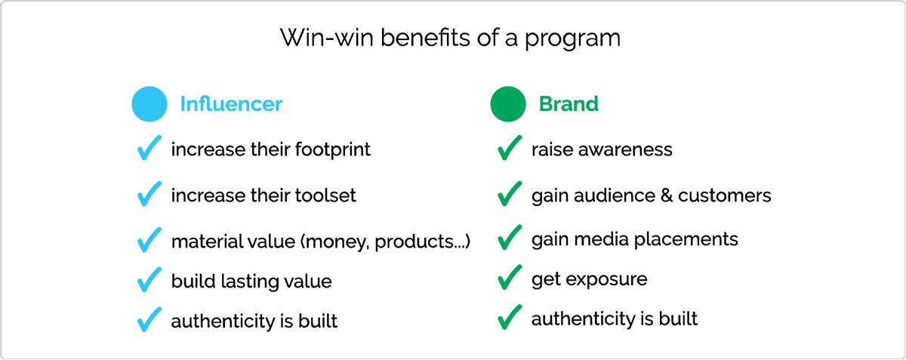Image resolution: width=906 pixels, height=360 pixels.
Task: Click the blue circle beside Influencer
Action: point(149,104)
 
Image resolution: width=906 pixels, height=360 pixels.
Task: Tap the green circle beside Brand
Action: point(508,104)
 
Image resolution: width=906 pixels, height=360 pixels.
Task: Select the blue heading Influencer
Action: point(231,104)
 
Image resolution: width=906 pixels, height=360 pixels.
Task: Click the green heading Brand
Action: point(569,104)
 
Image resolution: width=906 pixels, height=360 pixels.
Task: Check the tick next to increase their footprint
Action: point(149,148)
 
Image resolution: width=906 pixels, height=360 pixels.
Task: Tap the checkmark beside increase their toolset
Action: point(149,194)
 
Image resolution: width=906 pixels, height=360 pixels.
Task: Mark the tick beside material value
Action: point(149,240)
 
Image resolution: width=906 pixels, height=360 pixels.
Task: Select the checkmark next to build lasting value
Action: point(149,279)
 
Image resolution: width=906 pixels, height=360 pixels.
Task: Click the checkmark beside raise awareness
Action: point(510,148)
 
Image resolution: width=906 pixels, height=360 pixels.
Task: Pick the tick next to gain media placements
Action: point(510,238)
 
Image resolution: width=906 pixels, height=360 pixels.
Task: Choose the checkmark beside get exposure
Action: point(510,277)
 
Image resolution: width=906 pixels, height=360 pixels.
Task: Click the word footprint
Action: point(332,149)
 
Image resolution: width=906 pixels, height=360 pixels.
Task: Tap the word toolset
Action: point(325,195)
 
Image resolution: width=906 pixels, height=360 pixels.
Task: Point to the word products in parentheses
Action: point(415,242)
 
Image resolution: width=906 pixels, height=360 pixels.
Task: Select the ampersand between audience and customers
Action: point(667,195)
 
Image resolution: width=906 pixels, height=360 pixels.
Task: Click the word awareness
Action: point(625,149)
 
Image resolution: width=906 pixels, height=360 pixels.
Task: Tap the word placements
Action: point(686,239)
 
